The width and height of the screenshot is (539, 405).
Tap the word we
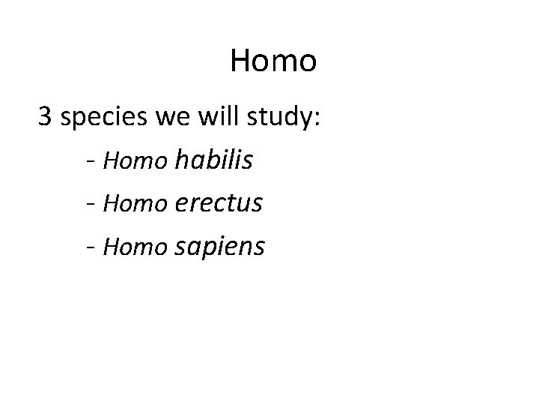171,118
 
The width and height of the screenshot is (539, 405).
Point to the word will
214,117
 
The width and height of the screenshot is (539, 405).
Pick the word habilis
213,159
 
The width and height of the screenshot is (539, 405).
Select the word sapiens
219,247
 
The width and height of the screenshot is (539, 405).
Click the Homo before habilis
136,160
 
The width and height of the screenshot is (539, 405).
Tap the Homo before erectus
136,202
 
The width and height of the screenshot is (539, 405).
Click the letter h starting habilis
180,158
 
